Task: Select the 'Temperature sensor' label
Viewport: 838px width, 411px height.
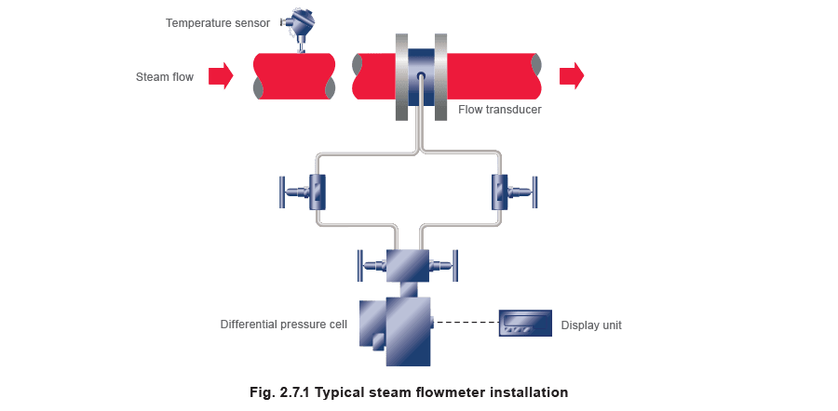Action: (x=218, y=23)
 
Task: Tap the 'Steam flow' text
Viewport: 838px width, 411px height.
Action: (x=165, y=77)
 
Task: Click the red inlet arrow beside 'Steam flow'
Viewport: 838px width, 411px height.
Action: (x=221, y=76)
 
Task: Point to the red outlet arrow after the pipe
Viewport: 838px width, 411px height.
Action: (x=572, y=76)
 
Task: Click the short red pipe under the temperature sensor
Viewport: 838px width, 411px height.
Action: (x=294, y=76)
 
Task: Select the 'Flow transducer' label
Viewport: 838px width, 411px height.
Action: (x=500, y=110)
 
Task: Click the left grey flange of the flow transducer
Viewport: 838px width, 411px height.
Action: (x=401, y=76)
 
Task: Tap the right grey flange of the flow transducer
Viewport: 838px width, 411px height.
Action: (x=440, y=76)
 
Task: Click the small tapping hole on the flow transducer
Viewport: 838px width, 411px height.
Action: (x=421, y=75)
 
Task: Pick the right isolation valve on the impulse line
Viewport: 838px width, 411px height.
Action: (x=514, y=192)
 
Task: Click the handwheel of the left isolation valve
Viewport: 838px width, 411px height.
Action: (x=281, y=192)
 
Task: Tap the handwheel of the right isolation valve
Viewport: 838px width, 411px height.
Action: (x=535, y=192)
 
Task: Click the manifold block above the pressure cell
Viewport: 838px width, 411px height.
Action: (x=407, y=265)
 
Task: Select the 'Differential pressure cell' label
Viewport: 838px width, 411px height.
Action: (x=284, y=324)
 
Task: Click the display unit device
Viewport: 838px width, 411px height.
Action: (x=525, y=323)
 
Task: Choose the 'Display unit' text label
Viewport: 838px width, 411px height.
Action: (x=591, y=325)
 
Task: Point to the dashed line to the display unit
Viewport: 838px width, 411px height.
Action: (x=465, y=322)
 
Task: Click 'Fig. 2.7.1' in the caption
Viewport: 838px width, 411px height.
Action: (x=280, y=392)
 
